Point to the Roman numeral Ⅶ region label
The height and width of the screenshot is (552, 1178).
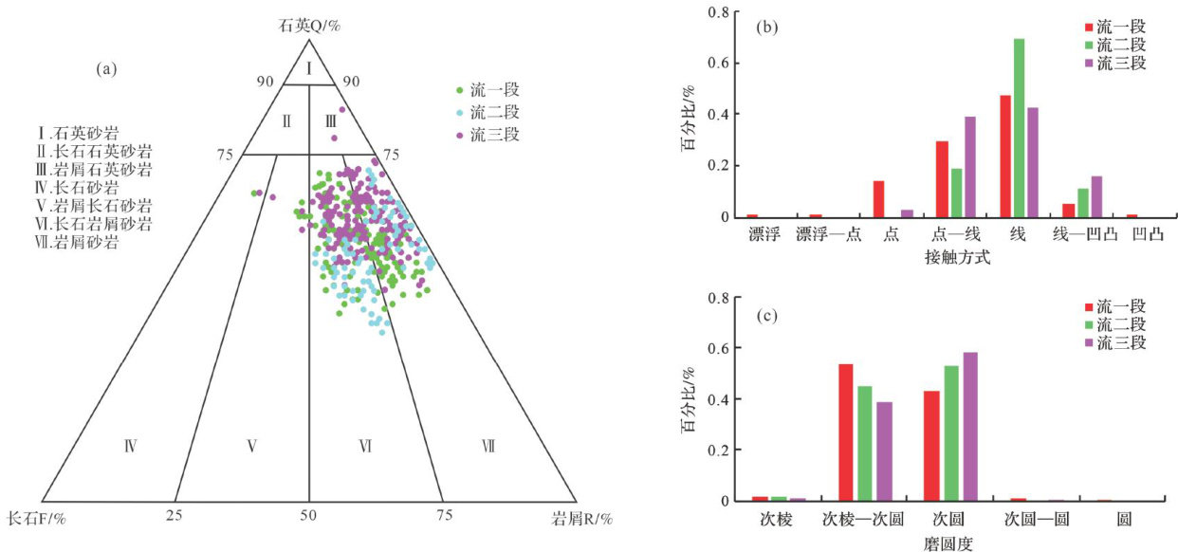(488, 445)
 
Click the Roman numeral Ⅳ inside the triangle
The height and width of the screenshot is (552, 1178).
(132, 445)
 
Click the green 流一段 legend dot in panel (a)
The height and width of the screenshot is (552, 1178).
(460, 91)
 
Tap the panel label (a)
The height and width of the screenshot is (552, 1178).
(105, 68)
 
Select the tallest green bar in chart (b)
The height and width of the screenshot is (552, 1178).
(1019, 127)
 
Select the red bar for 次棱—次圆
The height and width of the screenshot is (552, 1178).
(846, 432)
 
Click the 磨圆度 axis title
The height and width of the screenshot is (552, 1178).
(948, 543)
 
